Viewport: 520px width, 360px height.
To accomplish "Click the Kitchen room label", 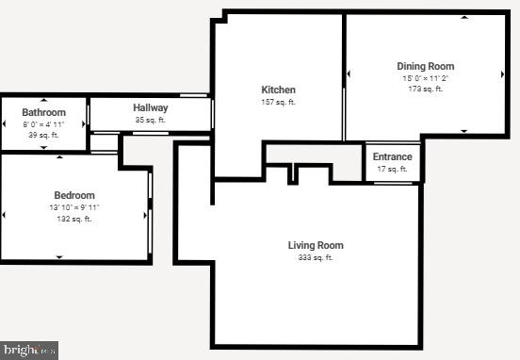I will click(x=278, y=90).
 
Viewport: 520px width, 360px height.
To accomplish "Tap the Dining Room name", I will click(x=425, y=66).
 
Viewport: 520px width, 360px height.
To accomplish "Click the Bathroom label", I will click(x=43, y=112).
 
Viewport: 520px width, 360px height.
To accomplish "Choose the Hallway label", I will click(x=150, y=107).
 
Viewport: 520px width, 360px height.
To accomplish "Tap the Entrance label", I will click(x=392, y=156).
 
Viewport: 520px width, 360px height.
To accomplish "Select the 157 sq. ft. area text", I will click(x=278, y=102).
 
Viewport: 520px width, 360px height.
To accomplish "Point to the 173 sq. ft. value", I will click(x=425, y=90).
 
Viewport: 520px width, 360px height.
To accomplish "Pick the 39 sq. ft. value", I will click(x=43, y=136).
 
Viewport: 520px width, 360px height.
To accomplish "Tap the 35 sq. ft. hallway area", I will click(x=150, y=120).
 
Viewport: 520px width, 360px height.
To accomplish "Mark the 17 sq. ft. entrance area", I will click(x=392, y=169).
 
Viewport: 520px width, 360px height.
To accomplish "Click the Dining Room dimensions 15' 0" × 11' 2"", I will click(x=425, y=78).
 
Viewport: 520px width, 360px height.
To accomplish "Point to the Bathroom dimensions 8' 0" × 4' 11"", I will click(x=43, y=124).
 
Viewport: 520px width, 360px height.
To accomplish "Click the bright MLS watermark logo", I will click(x=29, y=350).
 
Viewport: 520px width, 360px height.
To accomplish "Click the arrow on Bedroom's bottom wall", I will click(x=59, y=257).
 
